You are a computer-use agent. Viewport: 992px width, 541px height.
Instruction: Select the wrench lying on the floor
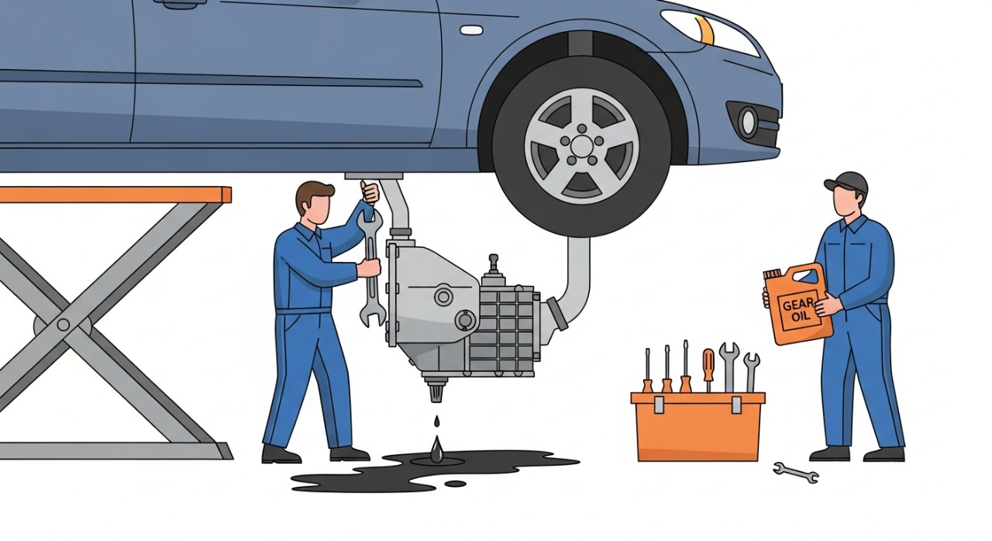pos(796,472)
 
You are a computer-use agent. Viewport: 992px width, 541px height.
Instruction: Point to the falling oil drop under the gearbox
pos(438,422)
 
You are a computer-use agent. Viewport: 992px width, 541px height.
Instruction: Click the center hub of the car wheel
pos(581,145)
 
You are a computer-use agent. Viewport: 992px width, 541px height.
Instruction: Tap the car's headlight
pos(708,32)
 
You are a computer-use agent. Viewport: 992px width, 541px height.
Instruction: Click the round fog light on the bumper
pos(749,120)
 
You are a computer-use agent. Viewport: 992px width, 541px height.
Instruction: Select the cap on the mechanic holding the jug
pos(847,182)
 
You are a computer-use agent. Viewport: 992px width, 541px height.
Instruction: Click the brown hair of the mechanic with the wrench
pos(315,195)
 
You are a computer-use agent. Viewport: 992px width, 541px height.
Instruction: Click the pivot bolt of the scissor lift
pos(63,325)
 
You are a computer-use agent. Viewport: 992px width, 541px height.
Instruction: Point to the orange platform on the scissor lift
pos(115,195)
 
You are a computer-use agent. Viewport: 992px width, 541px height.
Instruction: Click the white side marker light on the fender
pos(471,30)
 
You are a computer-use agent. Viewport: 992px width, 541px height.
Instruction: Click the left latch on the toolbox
pos(658,405)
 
